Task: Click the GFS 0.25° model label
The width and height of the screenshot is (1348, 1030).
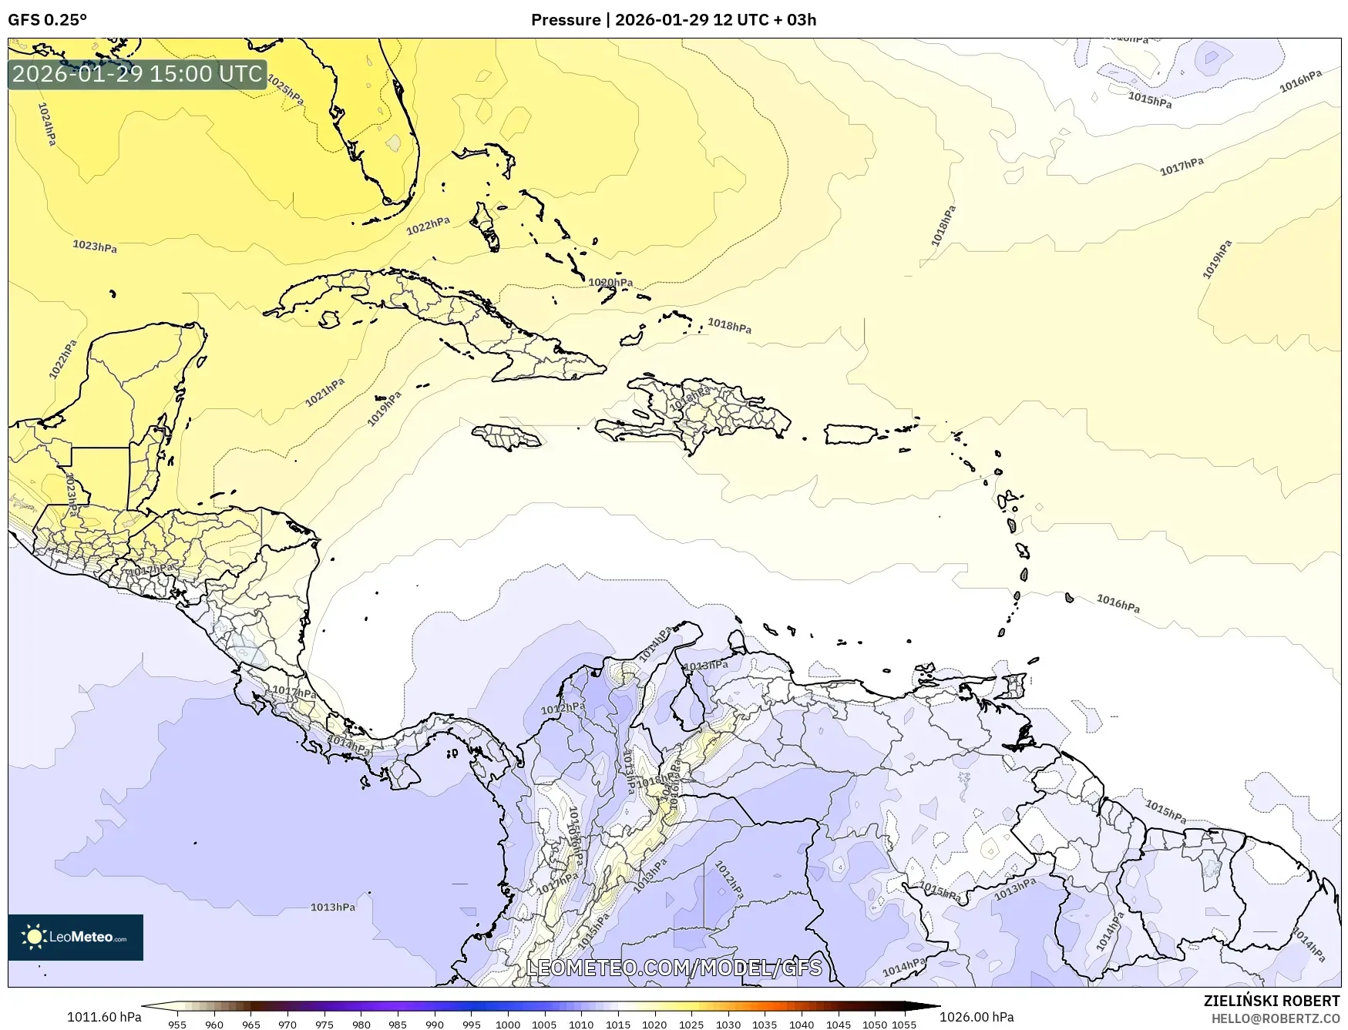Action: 47,20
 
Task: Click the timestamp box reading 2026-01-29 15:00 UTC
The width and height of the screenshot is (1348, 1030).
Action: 137,74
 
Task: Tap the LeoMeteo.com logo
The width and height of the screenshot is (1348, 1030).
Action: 76,937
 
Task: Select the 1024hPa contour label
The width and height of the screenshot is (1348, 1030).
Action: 46,124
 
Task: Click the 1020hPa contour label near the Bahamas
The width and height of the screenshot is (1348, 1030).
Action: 610,283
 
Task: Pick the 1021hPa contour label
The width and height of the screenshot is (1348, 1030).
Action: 324,393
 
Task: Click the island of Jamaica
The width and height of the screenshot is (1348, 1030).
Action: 506,438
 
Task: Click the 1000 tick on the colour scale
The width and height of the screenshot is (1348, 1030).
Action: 507,1024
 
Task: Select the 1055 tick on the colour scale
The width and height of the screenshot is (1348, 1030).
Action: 904,1024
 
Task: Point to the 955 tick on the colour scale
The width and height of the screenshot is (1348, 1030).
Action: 177,1024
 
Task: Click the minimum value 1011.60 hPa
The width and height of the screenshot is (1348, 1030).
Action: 104,1017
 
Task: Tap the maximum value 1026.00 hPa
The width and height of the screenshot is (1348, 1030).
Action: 977,1017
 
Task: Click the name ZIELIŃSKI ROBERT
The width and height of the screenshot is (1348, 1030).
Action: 1271,1001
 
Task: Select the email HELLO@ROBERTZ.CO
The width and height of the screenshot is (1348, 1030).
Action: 1275,1018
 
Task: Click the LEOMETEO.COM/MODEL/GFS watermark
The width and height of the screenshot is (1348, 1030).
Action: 674,968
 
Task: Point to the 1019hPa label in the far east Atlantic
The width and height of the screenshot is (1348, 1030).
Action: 1217,260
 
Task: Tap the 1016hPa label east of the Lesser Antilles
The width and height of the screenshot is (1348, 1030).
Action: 1118,603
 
